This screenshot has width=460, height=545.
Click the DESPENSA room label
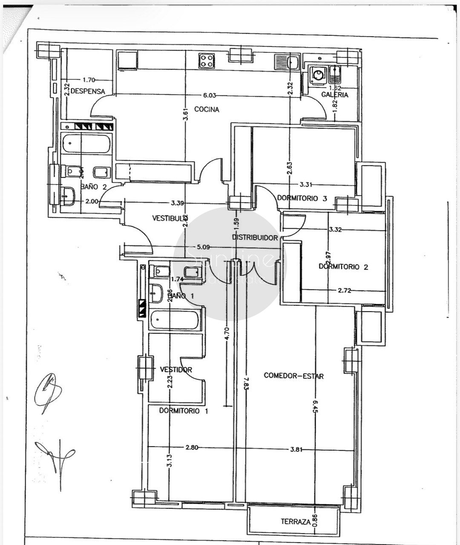[88, 91]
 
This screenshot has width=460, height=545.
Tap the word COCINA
[207, 109]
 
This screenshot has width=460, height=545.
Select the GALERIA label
[335, 95]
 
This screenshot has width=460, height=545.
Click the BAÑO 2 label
[93, 186]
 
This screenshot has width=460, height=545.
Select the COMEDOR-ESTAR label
[294, 376]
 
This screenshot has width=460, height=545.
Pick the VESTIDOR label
[176, 370]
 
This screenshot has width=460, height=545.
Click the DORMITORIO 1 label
[184, 411]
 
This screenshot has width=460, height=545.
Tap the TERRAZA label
[295, 522]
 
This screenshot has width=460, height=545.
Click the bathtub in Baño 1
[175, 320]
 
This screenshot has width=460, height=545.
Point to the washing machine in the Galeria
[318, 75]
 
